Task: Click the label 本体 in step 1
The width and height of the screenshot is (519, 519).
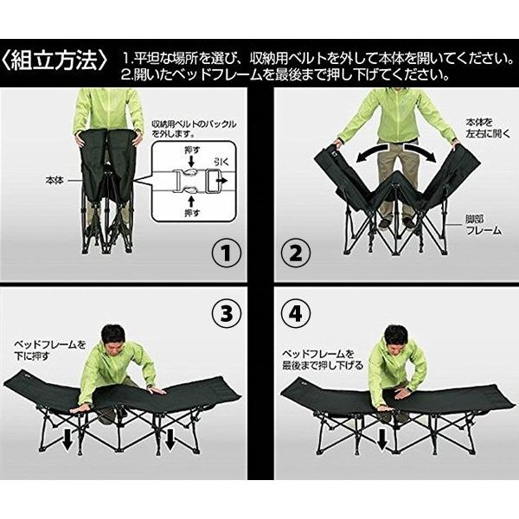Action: point(55,182)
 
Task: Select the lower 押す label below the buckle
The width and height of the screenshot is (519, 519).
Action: point(193,210)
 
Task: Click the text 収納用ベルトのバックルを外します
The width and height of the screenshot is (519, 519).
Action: point(193,130)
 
